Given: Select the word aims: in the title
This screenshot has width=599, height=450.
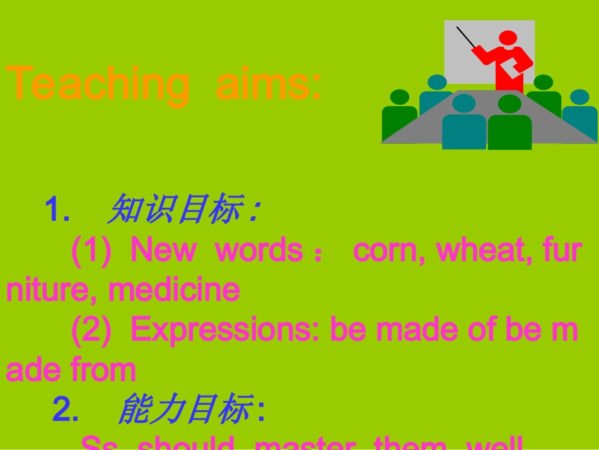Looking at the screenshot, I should (x=269, y=84).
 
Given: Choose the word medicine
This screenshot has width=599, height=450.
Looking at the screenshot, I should (x=174, y=290).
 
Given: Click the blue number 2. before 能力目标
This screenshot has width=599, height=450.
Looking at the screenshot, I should (x=65, y=410).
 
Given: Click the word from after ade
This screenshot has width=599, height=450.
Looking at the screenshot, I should (x=103, y=370).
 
